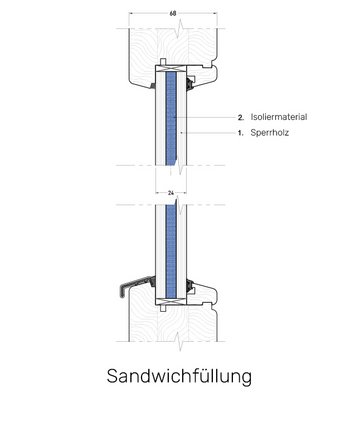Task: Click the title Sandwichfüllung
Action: click(x=179, y=377)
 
